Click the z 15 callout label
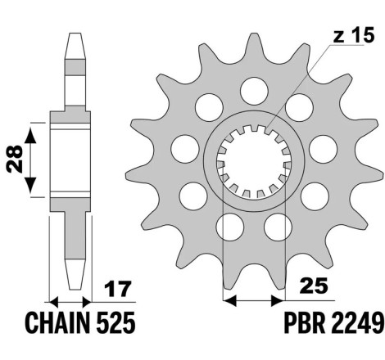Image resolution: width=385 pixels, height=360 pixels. tap(353, 36)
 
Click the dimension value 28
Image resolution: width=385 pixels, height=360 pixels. tap(15, 159)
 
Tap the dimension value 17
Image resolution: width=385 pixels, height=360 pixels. tap(118, 289)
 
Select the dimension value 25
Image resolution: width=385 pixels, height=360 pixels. tap(313, 286)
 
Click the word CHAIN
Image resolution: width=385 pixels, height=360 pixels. tap(57, 323)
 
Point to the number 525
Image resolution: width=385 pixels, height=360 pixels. tap(115, 323)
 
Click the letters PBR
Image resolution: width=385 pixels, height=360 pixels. tap(305, 323)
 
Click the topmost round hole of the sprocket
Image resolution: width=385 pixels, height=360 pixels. tap(254, 91)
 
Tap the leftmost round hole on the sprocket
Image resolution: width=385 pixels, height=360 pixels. tap(185, 149)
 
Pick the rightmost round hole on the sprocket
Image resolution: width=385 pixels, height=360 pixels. tap(324, 149)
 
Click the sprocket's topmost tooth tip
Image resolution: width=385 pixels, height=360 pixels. tap(254, 34)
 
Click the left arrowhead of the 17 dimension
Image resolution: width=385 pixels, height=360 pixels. tap(54, 302)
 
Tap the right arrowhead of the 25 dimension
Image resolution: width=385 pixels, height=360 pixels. tap(278, 300)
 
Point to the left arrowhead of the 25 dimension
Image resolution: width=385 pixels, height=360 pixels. tap(230, 300)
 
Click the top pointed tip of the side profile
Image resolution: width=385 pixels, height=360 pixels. tap(75, 34)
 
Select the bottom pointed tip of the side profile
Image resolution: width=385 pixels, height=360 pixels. tap(75, 289)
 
